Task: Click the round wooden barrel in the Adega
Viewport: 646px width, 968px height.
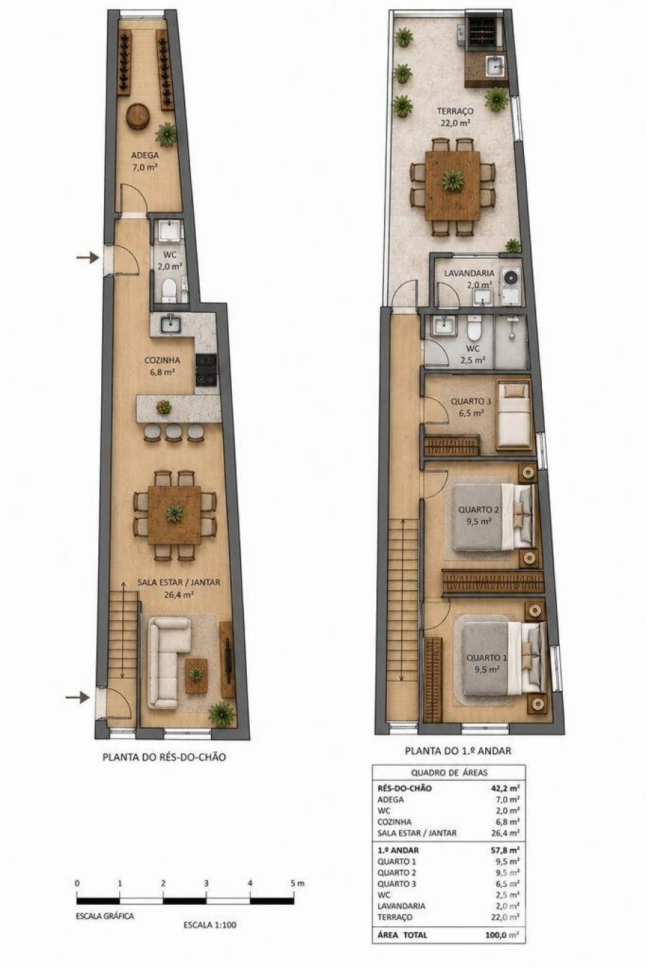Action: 138,116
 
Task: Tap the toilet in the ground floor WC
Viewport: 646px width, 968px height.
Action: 169,290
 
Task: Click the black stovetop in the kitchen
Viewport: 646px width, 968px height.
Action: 206,370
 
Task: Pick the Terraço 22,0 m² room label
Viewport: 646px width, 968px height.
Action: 455,117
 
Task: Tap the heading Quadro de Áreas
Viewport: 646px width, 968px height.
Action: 449,772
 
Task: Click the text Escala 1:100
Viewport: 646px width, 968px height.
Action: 210,925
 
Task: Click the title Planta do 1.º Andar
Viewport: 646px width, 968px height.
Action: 458,751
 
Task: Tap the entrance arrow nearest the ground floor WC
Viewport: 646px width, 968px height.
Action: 88,258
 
